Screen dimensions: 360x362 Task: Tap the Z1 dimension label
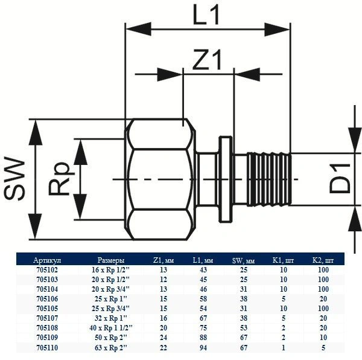(208, 60)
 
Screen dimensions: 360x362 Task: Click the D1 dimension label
(340, 179)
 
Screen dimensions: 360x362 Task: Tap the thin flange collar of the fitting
(226, 179)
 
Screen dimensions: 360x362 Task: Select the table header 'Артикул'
(47, 260)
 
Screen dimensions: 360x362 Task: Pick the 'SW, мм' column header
(244, 260)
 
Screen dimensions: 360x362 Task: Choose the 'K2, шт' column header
(324, 260)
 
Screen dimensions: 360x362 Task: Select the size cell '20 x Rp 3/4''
(113, 289)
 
